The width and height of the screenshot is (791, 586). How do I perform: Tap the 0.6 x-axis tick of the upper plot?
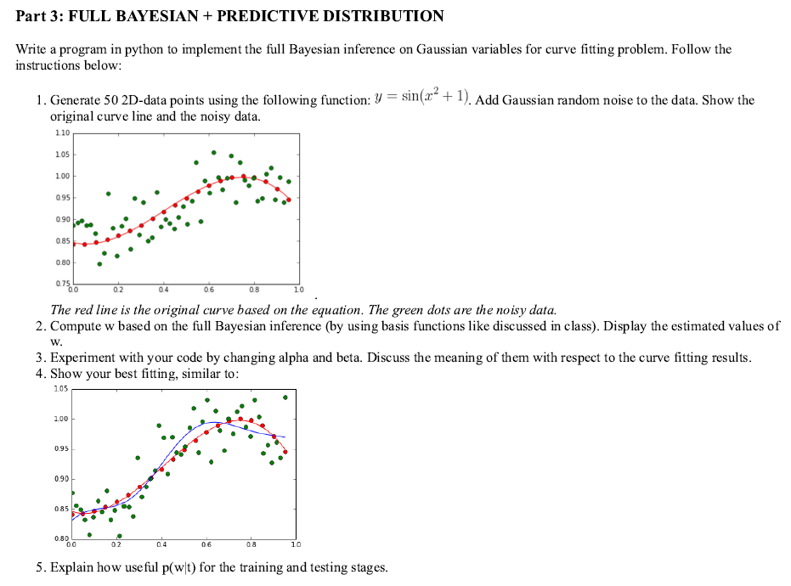click(208, 289)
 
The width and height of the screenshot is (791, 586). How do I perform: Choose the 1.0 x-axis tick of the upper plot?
click(297, 289)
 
